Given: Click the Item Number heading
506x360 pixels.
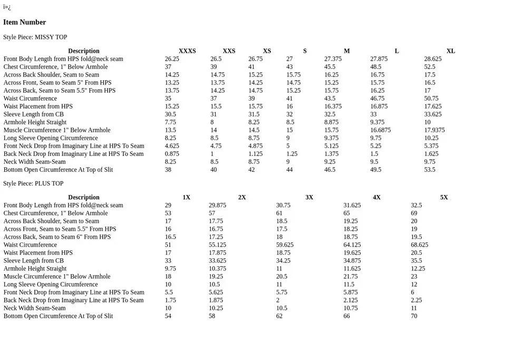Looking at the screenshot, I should coord(24,22).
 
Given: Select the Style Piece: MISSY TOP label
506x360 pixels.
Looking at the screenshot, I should coord(35,37).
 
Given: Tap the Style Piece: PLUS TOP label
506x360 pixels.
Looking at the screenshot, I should coord(33,183).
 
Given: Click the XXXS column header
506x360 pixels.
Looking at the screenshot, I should coord(187,51).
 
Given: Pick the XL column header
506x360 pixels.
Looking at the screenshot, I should coord(451,51).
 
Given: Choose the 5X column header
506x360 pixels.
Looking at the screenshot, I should coord(444,198).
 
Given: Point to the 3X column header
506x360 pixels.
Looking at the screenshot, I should coord(309,198).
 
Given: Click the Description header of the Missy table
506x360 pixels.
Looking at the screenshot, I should coord(83,51).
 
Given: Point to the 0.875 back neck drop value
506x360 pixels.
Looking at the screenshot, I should coord(172,154).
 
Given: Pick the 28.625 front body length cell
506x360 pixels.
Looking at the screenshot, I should coord(433,59).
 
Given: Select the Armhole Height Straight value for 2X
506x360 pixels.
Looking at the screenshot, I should coord(217,269).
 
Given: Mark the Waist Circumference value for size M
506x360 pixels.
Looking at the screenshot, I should coord(329,99).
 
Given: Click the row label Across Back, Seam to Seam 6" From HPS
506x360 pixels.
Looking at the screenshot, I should coord(57,237).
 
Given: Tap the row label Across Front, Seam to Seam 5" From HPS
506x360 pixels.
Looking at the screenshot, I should coord(57,83).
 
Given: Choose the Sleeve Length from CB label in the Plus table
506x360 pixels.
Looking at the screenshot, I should coord(33,261).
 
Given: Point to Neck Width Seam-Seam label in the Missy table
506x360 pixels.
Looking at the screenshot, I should coord(35,162).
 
